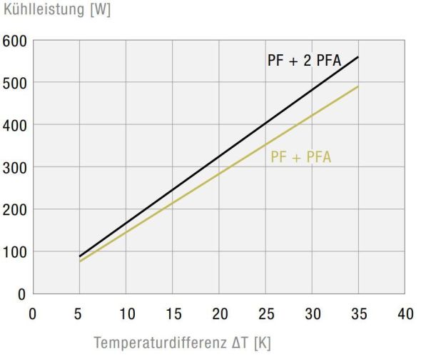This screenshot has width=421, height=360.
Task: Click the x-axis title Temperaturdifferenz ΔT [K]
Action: pyautogui.click(x=182, y=342)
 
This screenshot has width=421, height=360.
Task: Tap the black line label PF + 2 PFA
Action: pyautogui.click(x=304, y=61)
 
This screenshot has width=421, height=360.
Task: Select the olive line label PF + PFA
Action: pyautogui.click(x=300, y=157)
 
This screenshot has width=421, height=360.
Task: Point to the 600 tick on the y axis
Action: pyautogui.click(x=14, y=41)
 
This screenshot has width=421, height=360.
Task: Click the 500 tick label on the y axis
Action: pyautogui.click(x=14, y=84)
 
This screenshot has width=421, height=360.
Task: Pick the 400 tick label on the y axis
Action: pyautogui.click(x=14, y=126)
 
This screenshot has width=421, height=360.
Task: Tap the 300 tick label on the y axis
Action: pyautogui.click(x=14, y=168)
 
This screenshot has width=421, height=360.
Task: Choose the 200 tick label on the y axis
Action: pyautogui.click(x=14, y=210)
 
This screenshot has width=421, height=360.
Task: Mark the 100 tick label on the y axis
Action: pyautogui.click(x=14, y=252)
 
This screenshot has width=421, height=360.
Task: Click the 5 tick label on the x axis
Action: pyautogui.click(x=79, y=314)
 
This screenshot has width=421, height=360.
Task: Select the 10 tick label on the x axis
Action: pyautogui.click(x=126, y=314)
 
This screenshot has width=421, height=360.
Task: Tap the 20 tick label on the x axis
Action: pyautogui.click(x=219, y=314)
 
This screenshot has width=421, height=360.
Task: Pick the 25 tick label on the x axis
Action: pyautogui.click(x=265, y=314)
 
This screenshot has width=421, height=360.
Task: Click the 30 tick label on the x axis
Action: pyautogui.click(x=312, y=314)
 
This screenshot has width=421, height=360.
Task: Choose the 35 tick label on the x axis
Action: pyautogui.click(x=358, y=314)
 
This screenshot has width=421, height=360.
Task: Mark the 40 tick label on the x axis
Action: pyautogui.click(x=405, y=314)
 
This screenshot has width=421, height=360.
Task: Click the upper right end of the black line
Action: pyautogui.click(x=357, y=57)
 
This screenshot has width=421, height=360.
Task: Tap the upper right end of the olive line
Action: pyautogui.click(x=357, y=86)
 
